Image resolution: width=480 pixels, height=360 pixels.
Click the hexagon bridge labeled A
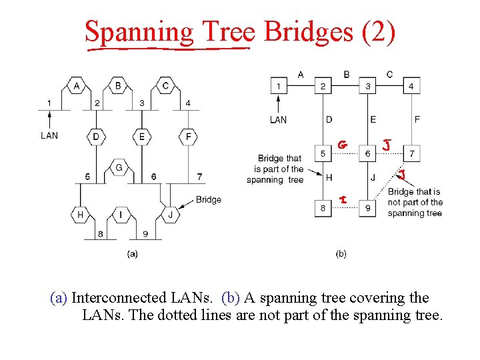tap(77, 86)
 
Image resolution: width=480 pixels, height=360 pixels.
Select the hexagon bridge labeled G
tap(119, 167)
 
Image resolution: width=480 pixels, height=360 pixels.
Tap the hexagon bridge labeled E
tap(141, 137)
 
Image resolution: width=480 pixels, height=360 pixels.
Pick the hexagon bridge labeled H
tap(80, 215)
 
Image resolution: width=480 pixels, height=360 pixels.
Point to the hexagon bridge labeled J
tap(170, 215)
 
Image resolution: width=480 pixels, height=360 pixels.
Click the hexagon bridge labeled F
tap(189, 137)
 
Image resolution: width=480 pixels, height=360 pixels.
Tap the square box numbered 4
tap(411, 86)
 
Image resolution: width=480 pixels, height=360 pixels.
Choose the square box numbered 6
tap(367, 154)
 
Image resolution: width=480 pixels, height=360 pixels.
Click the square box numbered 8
tap(322, 209)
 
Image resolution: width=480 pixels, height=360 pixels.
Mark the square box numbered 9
tap(367, 209)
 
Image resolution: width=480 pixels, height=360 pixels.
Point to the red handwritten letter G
tap(342, 145)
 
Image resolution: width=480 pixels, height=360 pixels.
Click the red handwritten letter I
tap(342, 199)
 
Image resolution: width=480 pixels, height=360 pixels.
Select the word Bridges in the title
tap(307, 31)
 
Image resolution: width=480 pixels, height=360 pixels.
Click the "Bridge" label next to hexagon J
tap(209, 199)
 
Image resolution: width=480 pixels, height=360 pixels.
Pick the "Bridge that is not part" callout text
tap(415, 202)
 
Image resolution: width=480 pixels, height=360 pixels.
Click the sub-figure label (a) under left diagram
tap(132, 254)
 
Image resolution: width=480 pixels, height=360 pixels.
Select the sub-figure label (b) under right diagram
tap(341, 254)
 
